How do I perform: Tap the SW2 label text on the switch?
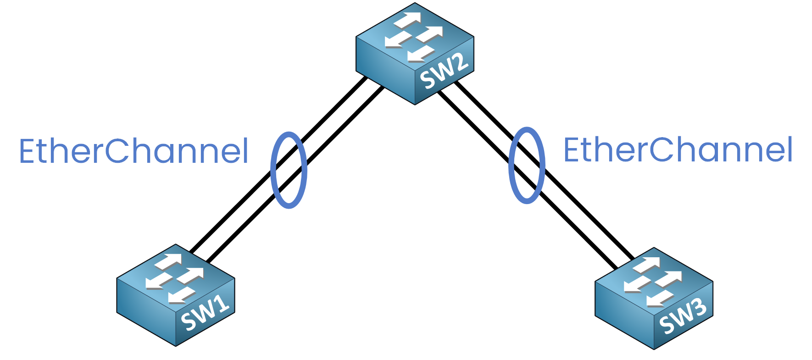tap(444, 71)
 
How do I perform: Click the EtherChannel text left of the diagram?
tap(133, 151)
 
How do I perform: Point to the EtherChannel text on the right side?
tap(678, 150)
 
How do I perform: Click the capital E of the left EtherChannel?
tap(27, 151)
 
